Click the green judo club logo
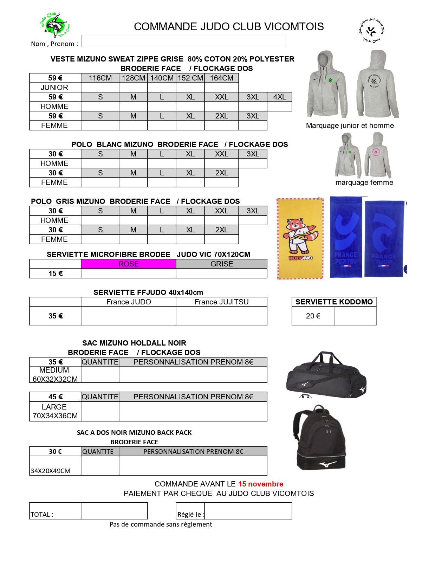pos(55,25)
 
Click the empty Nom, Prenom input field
pos(183,41)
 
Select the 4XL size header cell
pos(279,97)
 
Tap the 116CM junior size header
pos(100,78)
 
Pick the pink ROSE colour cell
pos(128,264)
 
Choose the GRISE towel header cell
pos(221,264)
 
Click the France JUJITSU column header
pos(221,302)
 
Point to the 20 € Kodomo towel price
pos(313,316)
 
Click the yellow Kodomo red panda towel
pos(300,238)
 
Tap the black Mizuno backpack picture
pos(320,438)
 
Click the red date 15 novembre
pos(261,484)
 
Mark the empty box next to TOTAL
pos(114,511)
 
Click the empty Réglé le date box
pos(248,511)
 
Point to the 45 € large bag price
pos(56,397)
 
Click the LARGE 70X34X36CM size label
pos(55,411)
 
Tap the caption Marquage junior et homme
pos(350,125)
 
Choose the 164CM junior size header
pos(221,78)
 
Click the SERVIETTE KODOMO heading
pos(334,302)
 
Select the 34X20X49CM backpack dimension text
pos(51,471)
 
